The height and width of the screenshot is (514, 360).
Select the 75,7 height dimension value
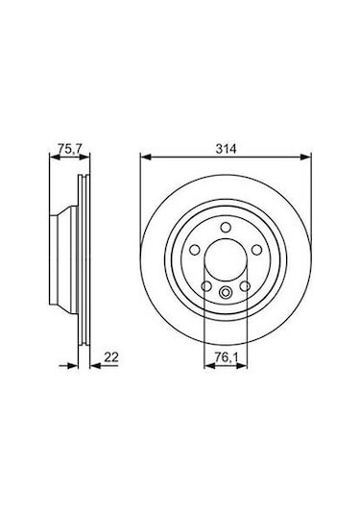64,149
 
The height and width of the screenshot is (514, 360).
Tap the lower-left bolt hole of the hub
205,286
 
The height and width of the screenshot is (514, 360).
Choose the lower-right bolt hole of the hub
242,286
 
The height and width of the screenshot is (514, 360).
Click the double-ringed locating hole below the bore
224,295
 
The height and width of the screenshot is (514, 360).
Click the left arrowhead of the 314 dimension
144,156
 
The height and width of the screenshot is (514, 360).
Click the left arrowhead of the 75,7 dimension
52,156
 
